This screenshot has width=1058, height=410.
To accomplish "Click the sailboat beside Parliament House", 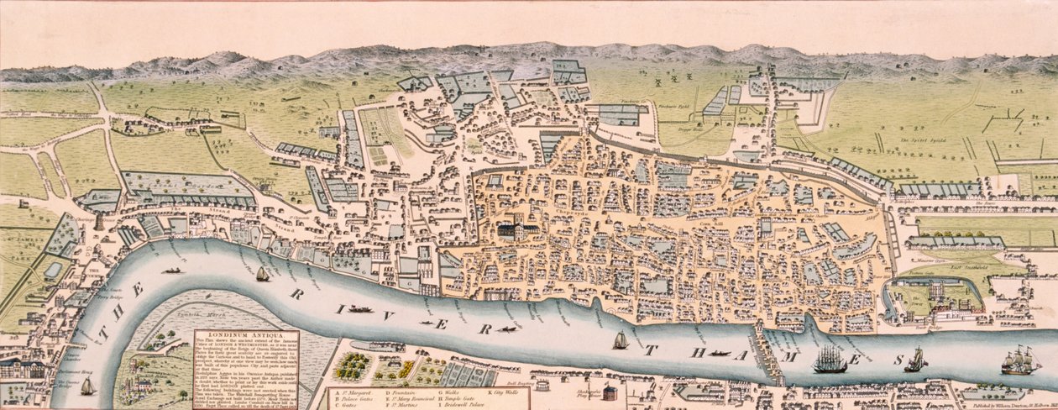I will coord(87,386).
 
